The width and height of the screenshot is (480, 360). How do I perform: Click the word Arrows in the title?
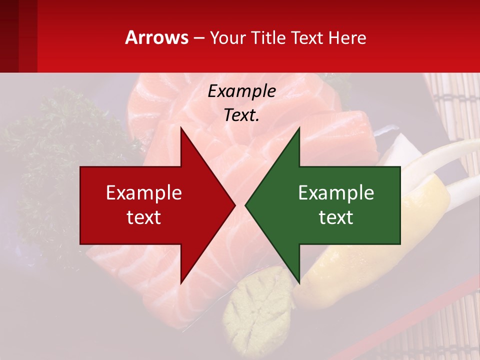(157, 37)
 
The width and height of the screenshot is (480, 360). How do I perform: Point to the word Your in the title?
(228, 37)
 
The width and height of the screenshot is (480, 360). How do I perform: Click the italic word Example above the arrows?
(241, 91)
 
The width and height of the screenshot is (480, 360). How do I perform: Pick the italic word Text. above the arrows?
(241, 115)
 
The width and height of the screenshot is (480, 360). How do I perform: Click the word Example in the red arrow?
(144, 193)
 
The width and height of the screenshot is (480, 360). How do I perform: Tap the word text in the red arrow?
(144, 217)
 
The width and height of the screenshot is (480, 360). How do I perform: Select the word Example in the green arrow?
(336, 193)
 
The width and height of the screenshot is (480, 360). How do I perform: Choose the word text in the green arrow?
(336, 217)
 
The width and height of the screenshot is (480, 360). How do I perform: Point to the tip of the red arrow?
(234, 205)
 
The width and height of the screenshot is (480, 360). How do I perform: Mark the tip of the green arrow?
(246, 205)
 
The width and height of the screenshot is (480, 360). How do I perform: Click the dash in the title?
(198, 38)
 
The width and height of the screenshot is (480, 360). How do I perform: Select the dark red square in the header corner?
(18, 36)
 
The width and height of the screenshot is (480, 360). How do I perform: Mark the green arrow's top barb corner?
(299, 128)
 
